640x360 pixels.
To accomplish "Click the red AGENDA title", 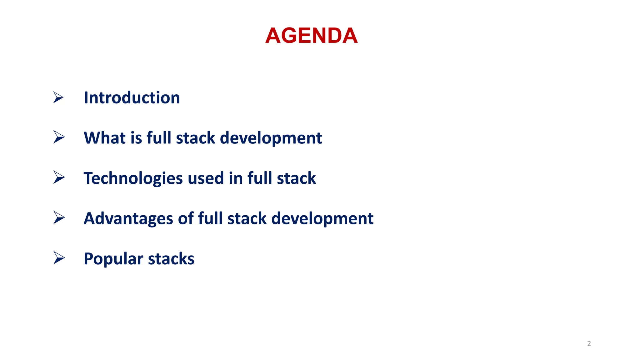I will click(311, 36).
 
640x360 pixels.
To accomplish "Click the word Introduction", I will click(132, 98).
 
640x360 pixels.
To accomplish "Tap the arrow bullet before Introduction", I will click(58, 97).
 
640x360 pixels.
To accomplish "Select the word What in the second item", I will click(104, 138).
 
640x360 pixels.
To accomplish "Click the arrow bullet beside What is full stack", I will click(58, 137).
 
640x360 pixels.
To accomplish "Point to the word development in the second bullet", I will click(271, 138).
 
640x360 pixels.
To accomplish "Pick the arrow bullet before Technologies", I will click(58, 177).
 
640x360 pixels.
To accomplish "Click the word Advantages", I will click(128, 218).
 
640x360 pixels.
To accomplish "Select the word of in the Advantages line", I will click(186, 218).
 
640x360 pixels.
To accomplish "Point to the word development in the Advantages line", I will click(322, 219).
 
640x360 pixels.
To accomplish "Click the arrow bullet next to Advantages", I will click(58, 217).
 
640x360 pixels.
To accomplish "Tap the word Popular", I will click(113, 259).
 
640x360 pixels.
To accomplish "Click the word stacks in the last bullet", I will click(171, 259).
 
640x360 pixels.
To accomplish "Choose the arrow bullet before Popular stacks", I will click(58, 258).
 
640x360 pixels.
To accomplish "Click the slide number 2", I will click(589, 344).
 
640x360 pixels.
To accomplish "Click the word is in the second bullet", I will click(136, 138).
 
